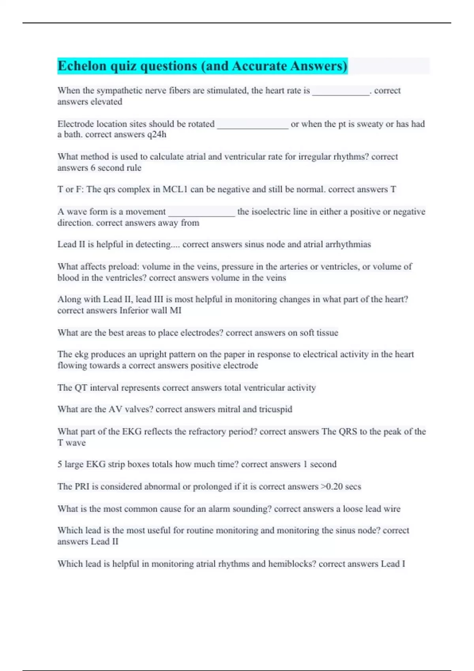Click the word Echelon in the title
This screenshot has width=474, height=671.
(x=82, y=66)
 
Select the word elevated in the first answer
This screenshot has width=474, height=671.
(x=106, y=102)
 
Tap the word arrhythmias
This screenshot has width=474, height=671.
(x=348, y=244)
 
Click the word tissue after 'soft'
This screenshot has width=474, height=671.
(x=327, y=333)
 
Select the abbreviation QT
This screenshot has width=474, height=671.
(x=81, y=388)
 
